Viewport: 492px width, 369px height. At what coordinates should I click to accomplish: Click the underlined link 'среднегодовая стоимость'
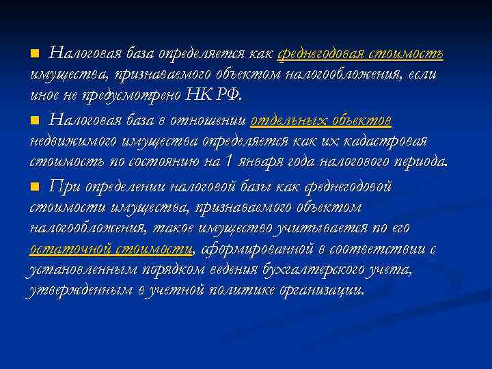[360, 53]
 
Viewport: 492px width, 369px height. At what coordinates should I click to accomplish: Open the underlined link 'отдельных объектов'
[321, 120]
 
